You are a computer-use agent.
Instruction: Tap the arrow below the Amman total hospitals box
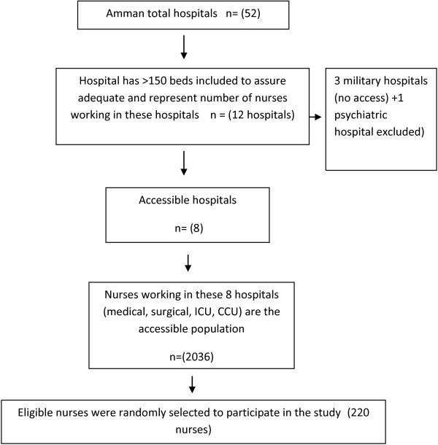[183, 47]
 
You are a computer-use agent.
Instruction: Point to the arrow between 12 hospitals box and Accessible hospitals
[183, 164]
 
